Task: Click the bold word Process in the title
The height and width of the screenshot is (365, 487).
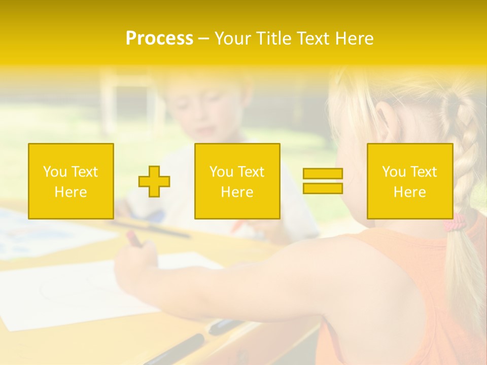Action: (x=159, y=39)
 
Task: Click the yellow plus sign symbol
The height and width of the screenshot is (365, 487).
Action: (x=154, y=181)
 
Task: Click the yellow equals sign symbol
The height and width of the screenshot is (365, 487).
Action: (x=323, y=181)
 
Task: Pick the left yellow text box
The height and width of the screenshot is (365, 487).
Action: (x=71, y=181)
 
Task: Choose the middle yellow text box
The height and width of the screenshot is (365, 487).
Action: (x=237, y=181)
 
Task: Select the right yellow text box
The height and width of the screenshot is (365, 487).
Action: (x=410, y=181)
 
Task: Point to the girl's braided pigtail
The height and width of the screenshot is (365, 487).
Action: (x=462, y=152)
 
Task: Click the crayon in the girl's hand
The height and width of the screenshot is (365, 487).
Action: (x=134, y=238)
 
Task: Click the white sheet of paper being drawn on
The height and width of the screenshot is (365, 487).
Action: (x=76, y=294)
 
